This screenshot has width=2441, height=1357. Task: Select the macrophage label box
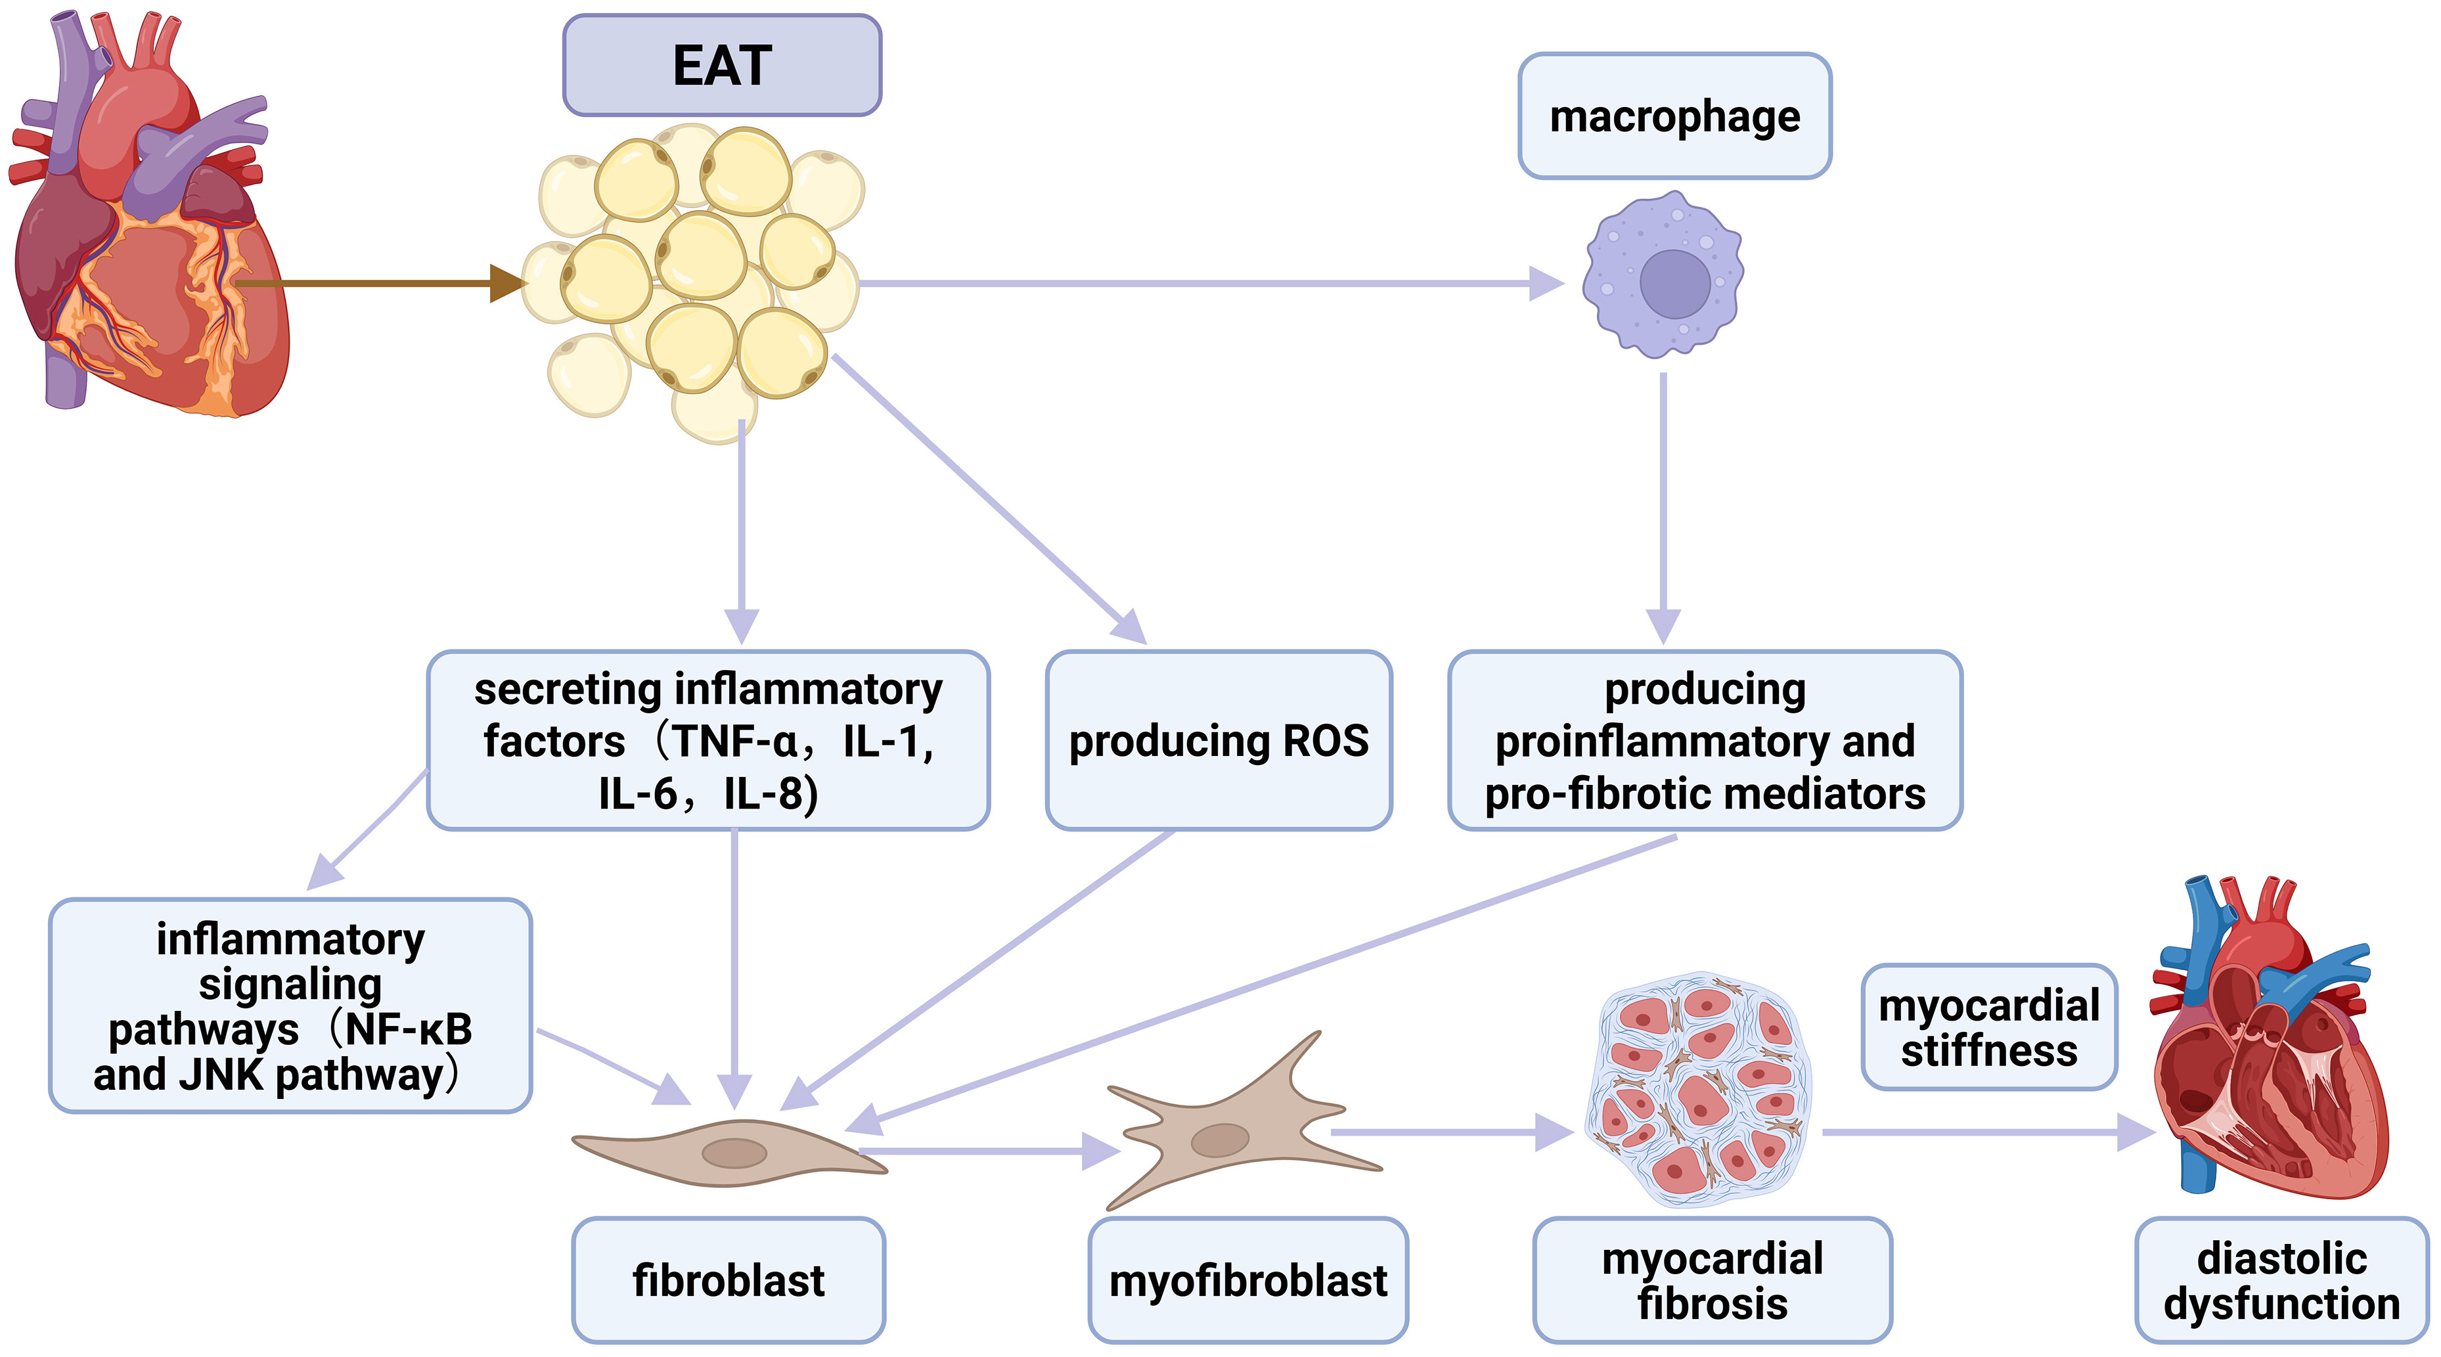click(x=1674, y=116)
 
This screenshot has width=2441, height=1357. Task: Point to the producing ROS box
click(x=1219, y=740)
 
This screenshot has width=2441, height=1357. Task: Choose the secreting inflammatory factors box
click(x=708, y=740)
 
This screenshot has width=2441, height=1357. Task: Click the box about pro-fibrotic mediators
click(x=1705, y=740)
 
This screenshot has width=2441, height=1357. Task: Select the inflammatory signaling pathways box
click(x=290, y=1006)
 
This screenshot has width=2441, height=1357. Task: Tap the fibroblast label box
click(x=728, y=1280)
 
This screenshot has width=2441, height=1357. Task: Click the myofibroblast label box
click(x=1248, y=1280)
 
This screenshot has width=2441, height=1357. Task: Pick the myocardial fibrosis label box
click(x=1713, y=1280)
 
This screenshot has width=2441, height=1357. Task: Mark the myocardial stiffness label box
click(x=1989, y=1027)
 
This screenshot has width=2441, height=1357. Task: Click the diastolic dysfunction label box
click(x=2281, y=1280)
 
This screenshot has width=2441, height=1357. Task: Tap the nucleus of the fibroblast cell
click(x=734, y=1152)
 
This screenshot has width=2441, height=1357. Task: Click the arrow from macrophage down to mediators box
click(x=1663, y=502)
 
